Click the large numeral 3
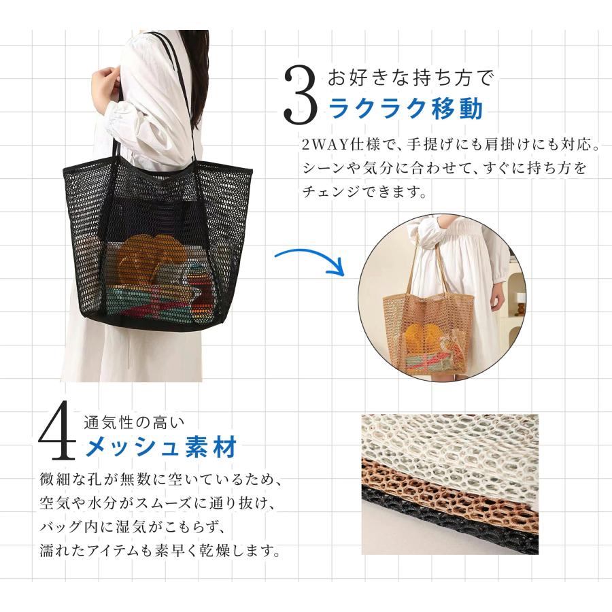(299, 93)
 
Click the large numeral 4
(57, 435)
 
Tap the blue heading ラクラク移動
(406, 109)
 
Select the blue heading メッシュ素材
(160, 447)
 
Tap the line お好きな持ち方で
(411, 78)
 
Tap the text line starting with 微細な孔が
(160, 479)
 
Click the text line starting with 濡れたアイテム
(160, 550)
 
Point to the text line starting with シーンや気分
(444, 169)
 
